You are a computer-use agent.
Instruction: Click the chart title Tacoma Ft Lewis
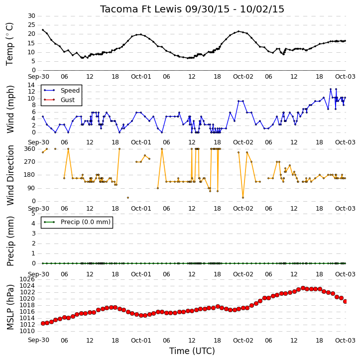point(140,9)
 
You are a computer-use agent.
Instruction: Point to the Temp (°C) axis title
point(9,44)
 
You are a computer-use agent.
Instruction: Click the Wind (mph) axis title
point(10,109)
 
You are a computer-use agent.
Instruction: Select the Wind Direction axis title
point(10,175)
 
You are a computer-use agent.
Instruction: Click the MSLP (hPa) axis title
point(10,307)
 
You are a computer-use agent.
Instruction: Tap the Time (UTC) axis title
point(192,351)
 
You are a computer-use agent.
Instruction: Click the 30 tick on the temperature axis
point(31,16)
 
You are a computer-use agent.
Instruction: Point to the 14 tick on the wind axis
point(31,85)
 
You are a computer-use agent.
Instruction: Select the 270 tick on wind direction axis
point(30,162)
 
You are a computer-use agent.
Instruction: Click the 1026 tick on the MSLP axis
point(27,279)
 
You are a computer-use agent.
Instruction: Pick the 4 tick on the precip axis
point(33,224)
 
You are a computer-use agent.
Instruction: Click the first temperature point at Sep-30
point(43,30)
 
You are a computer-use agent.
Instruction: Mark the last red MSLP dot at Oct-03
point(345,301)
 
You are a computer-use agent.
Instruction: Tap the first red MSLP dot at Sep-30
point(43,323)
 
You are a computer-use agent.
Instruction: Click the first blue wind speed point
point(43,117)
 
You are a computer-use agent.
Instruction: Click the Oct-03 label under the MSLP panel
point(345,340)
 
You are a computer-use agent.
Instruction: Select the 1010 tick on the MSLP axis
point(27,331)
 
